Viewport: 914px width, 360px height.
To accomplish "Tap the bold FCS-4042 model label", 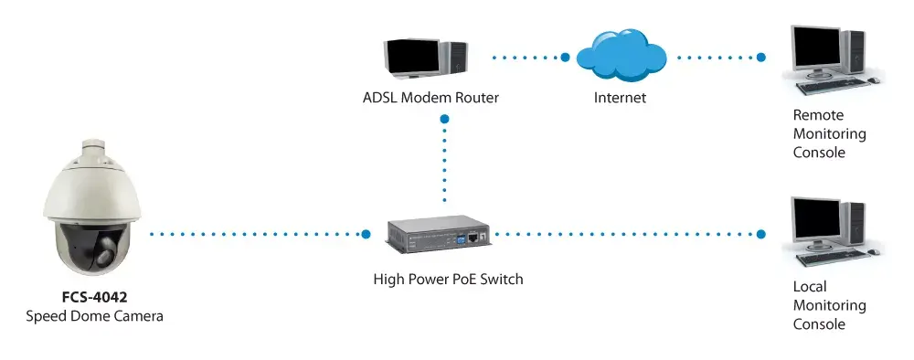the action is [94, 298].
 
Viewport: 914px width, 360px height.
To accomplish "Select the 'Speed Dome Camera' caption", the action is [94, 316].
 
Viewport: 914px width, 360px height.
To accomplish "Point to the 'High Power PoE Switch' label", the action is [448, 279].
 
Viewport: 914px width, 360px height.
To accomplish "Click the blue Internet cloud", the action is [622, 55].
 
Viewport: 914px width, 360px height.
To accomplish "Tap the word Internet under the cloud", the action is [621, 97].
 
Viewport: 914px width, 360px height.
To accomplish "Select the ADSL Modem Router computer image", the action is [425, 58].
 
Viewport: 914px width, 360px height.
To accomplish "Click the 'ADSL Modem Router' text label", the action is [430, 97].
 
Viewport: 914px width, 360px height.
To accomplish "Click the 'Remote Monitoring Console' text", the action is [830, 133].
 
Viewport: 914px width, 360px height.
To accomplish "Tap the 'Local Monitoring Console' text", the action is [830, 305].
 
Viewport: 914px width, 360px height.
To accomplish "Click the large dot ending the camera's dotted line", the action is [366, 234].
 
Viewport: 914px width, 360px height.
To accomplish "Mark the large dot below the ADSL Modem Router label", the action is [445, 119].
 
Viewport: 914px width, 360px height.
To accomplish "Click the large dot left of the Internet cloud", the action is [565, 57].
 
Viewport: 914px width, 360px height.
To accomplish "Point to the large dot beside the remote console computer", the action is [760, 57].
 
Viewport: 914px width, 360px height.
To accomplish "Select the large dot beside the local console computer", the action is [760, 234].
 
